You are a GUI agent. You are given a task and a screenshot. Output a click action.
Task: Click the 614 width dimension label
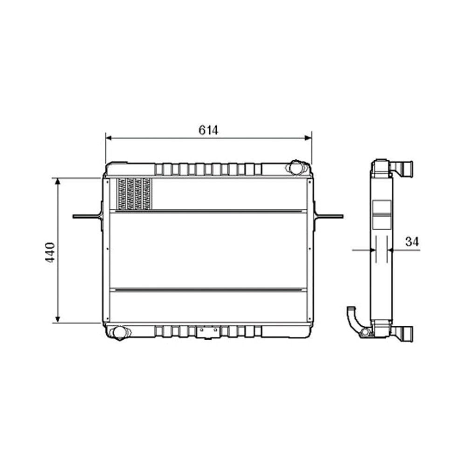pyautogui.click(x=208, y=130)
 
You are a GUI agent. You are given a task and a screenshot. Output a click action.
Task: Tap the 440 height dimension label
pyautogui.click(x=50, y=252)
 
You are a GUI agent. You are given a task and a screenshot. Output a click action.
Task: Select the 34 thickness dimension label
pyautogui.click(x=412, y=241)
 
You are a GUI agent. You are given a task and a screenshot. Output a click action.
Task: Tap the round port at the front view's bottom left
pyautogui.click(x=118, y=332)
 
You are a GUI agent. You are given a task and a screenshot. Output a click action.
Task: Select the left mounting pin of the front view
pyautogui.click(x=86, y=216)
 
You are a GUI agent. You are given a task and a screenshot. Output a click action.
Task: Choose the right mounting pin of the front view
pyautogui.click(x=330, y=216)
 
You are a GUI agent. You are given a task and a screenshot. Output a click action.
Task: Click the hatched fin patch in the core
pyautogui.click(x=134, y=193)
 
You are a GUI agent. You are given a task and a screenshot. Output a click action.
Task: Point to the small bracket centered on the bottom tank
pyautogui.click(x=208, y=332)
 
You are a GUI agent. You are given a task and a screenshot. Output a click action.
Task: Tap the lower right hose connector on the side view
pyautogui.click(x=404, y=333)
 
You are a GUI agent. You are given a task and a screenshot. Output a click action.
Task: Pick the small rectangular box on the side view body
pyautogui.click(x=382, y=214)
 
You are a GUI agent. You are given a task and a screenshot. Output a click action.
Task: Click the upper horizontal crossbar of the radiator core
pyautogui.click(x=208, y=211)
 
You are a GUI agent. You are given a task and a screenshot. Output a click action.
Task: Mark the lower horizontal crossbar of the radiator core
pyautogui.click(x=208, y=290)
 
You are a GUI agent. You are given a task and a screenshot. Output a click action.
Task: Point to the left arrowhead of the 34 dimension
pyautogui.click(x=373, y=250)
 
